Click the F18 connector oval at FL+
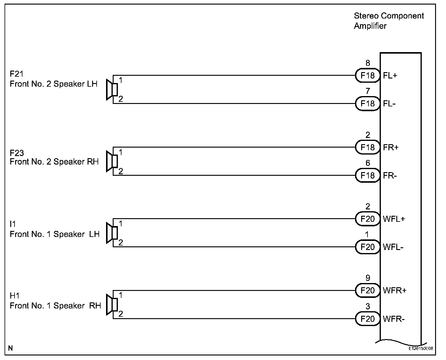(368, 75)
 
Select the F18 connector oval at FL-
(368, 104)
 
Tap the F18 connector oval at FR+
(368, 147)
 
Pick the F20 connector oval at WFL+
(368, 219)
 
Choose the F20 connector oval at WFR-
(368, 319)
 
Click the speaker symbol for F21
(111, 89)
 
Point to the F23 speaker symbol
(111, 161)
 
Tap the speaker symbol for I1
(111, 233)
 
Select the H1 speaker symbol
(111, 305)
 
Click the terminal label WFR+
(394, 291)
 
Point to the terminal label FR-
(390, 176)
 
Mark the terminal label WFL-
(393, 247)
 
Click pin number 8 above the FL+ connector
(368, 63)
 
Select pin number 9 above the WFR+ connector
(368, 278)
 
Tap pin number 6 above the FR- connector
(368, 163)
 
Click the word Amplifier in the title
(370, 26)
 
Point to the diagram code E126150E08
(421, 348)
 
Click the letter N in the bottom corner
(11, 348)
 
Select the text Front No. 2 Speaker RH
(54, 162)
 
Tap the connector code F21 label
(17, 74)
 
